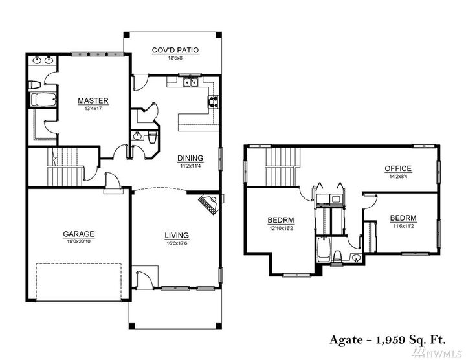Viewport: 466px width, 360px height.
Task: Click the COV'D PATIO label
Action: tap(175, 49)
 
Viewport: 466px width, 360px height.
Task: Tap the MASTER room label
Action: tap(93, 101)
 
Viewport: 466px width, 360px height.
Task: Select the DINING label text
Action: tap(190, 157)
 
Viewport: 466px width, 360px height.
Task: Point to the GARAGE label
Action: tap(79, 234)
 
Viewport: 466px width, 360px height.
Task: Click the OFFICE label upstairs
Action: tap(398, 169)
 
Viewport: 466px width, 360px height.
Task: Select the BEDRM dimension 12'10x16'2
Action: tap(281, 227)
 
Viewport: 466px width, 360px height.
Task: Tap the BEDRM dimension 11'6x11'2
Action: tap(403, 226)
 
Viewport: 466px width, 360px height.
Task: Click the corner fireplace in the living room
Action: tap(208, 203)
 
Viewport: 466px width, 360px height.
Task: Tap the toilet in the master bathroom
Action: tap(36, 84)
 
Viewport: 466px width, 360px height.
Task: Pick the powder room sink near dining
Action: tap(137, 136)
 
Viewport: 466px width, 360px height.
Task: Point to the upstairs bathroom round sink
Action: tap(356, 258)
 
